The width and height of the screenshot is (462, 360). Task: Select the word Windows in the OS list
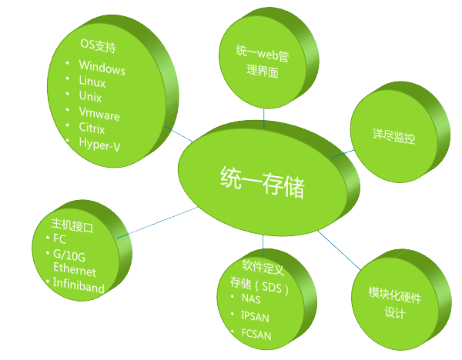click(102, 68)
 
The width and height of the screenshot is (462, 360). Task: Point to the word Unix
click(90, 98)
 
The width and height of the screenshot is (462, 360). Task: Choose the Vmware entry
click(99, 115)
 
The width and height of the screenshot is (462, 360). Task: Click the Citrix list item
click(92, 128)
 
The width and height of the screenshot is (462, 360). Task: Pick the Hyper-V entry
click(99, 143)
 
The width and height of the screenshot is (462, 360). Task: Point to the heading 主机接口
click(72, 227)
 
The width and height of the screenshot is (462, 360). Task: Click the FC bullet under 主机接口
click(60, 239)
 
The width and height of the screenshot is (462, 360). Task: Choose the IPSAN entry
click(256, 315)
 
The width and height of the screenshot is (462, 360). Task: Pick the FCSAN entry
click(256, 333)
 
